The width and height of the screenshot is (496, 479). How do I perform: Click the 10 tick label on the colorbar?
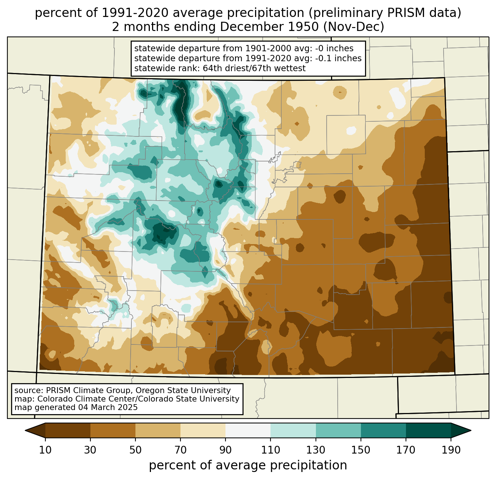pyautogui.click(x=45, y=450)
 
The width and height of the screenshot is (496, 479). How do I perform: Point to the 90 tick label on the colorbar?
pyautogui.click(x=225, y=450)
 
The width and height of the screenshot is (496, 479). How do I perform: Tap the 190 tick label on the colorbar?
pyautogui.click(x=451, y=450)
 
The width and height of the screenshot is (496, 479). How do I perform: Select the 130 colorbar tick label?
pyautogui.click(x=316, y=450)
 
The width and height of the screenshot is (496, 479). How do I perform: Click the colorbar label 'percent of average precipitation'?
pyautogui.click(x=248, y=465)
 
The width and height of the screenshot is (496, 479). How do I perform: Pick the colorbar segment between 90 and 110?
pyautogui.click(x=248, y=430)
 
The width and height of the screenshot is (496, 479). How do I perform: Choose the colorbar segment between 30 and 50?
pyautogui.click(x=113, y=430)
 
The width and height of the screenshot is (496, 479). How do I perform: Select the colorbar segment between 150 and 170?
pyautogui.click(x=383, y=430)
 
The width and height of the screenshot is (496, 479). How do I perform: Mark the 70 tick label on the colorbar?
pyautogui.click(x=180, y=450)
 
